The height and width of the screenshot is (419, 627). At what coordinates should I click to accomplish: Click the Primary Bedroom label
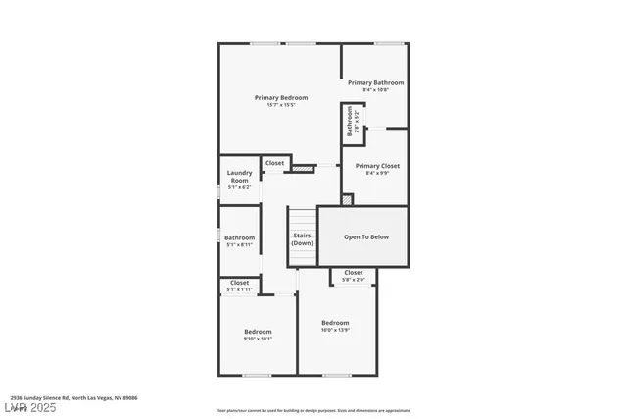(281, 97)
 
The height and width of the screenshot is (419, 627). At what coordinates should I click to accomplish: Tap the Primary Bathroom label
(376, 82)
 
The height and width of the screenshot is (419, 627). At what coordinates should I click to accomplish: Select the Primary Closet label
(376, 166)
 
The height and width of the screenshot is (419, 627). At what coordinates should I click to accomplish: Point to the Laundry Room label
(240, 178)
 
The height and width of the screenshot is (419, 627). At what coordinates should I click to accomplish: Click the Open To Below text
(365, 236)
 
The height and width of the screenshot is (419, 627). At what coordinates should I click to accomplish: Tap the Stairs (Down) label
(302, 239)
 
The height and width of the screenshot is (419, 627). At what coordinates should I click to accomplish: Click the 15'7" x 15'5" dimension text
(281, 105)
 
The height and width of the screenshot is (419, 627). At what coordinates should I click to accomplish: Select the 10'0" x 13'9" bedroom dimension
(335, 330)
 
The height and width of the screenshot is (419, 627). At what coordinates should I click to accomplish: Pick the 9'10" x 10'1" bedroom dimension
(258, 340)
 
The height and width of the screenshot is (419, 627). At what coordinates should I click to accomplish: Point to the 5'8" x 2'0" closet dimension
(353, 280)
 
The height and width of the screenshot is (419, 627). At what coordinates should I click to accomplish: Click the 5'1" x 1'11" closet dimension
(240, 289)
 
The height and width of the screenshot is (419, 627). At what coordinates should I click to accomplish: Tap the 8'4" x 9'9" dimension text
(376, 174)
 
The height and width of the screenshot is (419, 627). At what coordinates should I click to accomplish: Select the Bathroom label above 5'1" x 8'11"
(240, 237)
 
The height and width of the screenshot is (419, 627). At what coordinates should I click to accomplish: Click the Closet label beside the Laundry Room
(274, 163)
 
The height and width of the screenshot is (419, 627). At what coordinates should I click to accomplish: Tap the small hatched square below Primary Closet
(346, 199)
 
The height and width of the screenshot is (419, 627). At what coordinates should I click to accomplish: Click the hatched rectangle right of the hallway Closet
(305, 168)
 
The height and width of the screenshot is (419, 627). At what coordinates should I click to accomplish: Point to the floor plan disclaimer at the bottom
(313, 410)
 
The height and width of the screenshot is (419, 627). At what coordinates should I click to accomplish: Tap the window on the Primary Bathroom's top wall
(390, 43)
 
